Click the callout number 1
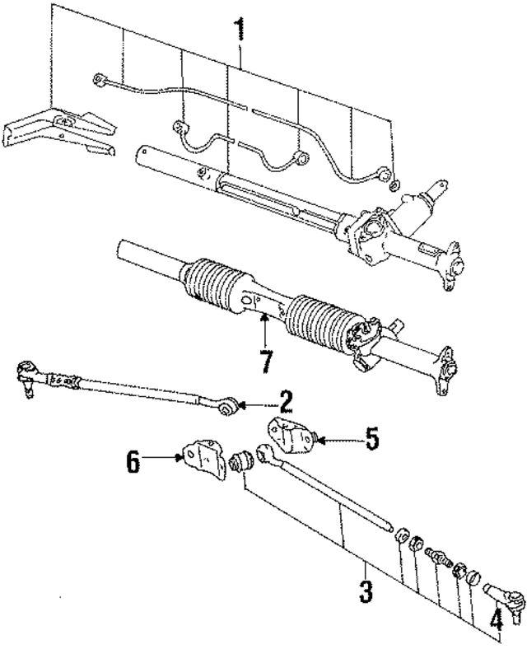240,32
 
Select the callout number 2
285,402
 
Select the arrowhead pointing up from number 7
263,318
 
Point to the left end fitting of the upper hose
98,80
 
